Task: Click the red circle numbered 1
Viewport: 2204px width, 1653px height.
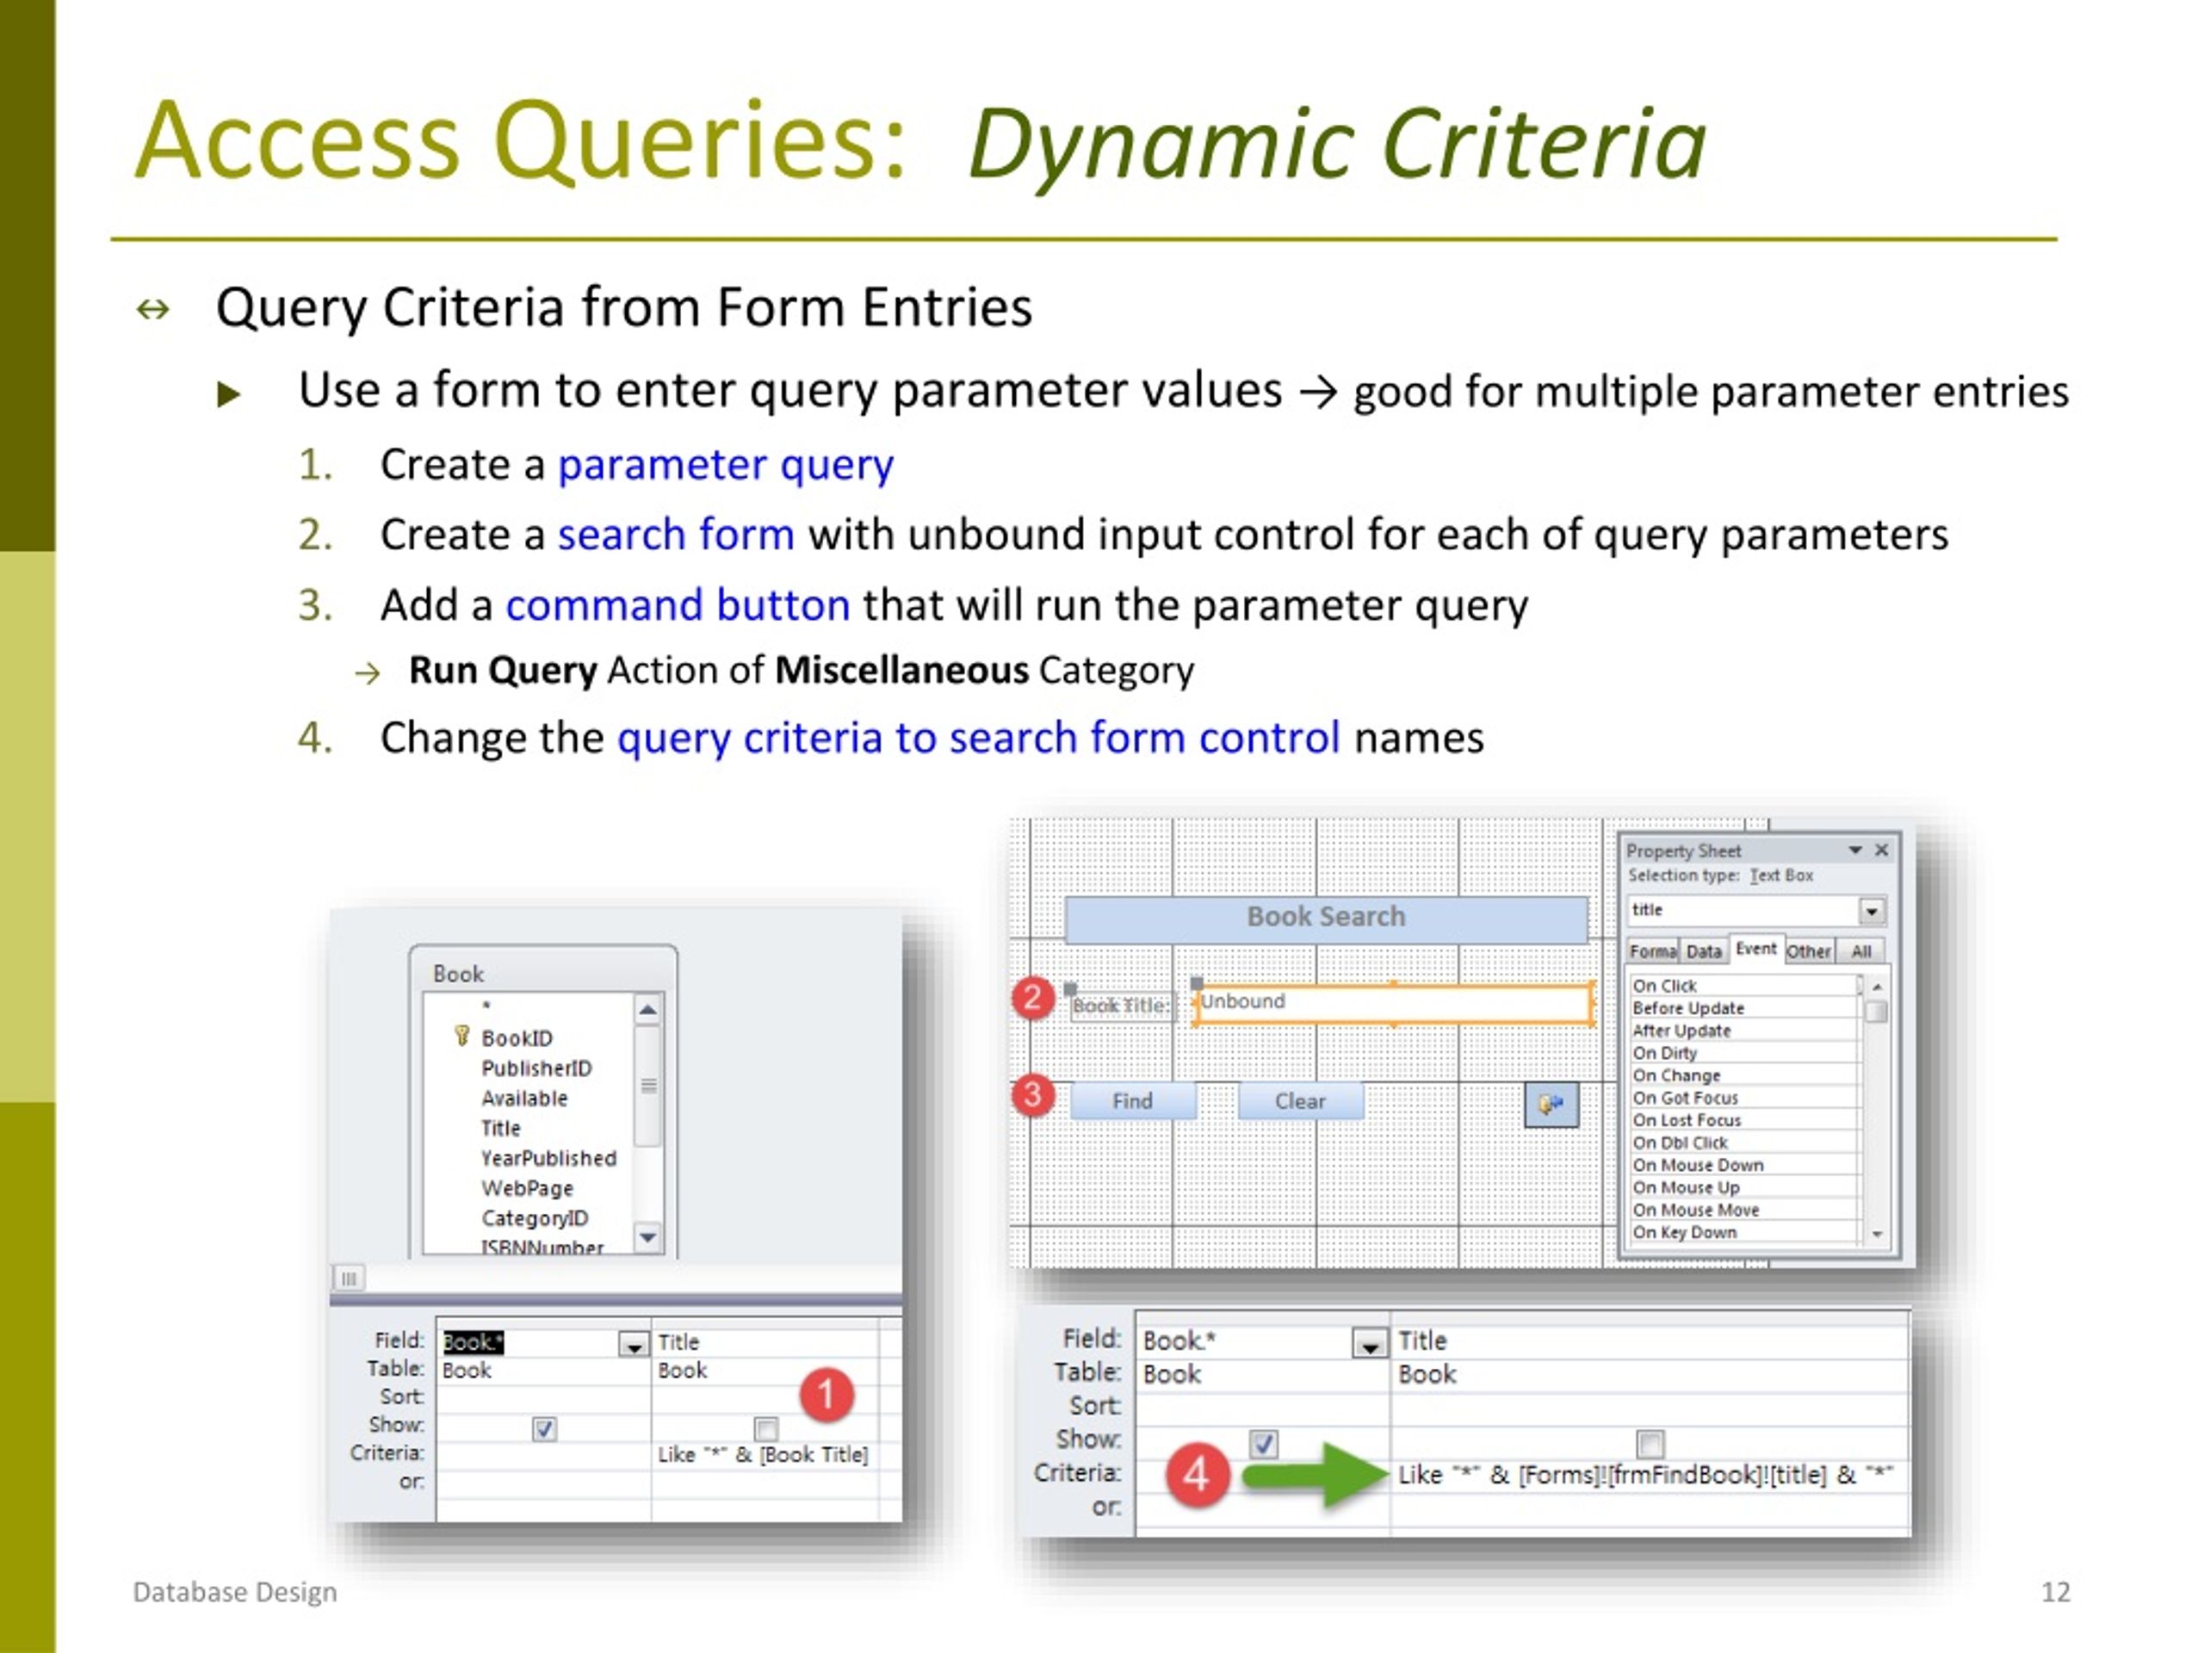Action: (826, 1394)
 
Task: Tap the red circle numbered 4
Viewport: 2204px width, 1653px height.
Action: (1196, 1475)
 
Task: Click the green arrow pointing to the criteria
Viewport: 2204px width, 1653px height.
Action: (1316, 1475)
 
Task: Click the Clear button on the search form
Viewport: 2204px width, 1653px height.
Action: (1299, 1101)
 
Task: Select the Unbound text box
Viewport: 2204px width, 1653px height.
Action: (1392, 1003)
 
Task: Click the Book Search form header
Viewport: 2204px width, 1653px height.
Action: (1325, 917)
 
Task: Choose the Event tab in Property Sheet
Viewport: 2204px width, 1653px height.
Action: (1755, 950)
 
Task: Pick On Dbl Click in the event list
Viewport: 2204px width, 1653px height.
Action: (1680, 1142)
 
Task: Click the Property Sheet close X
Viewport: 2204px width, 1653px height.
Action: (1881, 850)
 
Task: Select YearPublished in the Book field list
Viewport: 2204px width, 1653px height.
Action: (548, 1158)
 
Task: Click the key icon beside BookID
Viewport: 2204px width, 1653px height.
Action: (461, 1037)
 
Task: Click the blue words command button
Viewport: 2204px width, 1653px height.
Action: (678, 604)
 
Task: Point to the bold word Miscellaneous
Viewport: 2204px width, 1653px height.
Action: (901, 671)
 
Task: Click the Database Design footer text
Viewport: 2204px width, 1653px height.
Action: (235, 1591)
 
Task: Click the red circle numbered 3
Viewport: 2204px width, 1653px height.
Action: (1033, 1095)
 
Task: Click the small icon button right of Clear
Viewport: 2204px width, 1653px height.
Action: (1551, 1104)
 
